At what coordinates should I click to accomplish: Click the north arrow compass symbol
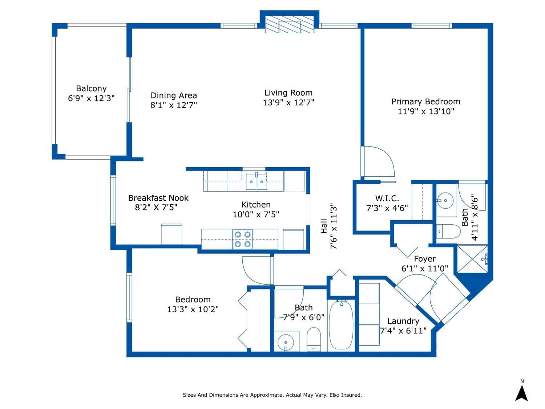click(522, 394)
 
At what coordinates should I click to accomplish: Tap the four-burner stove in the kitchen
click(243, 239)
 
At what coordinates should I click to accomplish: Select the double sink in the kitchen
click(256, 181)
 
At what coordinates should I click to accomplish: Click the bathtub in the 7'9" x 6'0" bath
click(341, 325)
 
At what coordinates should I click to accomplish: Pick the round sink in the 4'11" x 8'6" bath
click(445, 200)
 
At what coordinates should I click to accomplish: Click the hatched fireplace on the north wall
click(289, 25)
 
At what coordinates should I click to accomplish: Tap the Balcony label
click(91, 88)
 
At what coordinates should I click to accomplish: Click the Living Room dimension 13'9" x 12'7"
click(288, 102)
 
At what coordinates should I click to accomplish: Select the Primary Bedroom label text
click(425, 101)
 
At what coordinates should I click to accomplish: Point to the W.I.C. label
click(387, 198)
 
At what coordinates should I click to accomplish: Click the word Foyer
click(425, 259)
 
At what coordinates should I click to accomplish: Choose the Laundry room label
click(403, 321)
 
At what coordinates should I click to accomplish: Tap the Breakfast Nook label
click(158, 198)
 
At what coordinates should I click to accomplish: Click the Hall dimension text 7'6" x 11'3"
click(334, 226)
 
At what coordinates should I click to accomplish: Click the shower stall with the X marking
click(472, 258)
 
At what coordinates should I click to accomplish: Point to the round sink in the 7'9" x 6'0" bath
click(286, 342)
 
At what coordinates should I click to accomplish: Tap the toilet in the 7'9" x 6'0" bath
click(314, 339)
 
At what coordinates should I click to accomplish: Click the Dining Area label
click(174, 95)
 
